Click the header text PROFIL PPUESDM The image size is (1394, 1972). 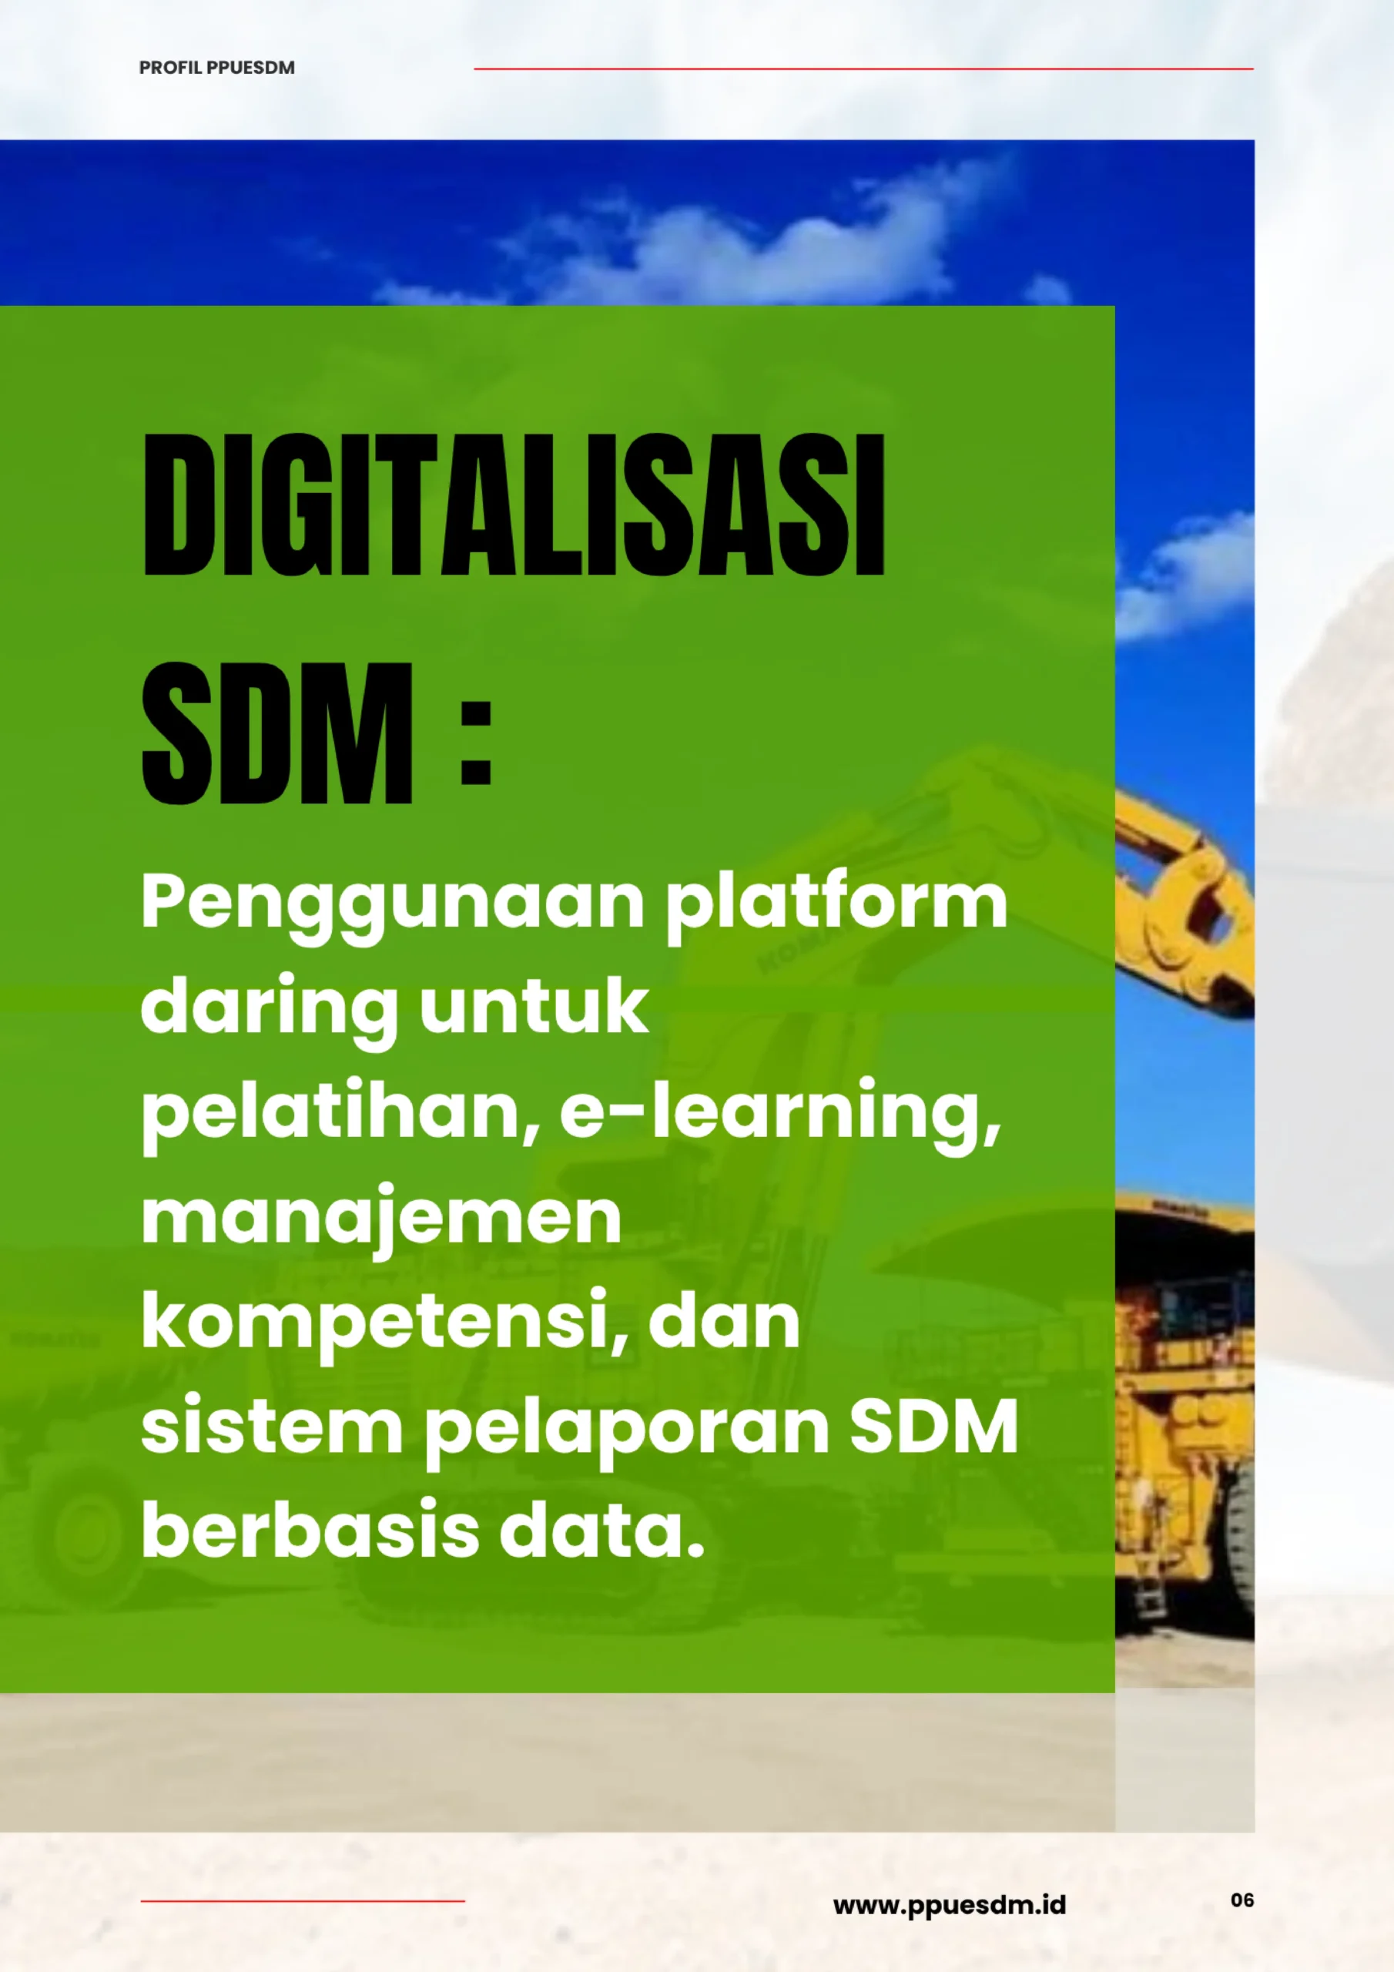click(x=216, y=68)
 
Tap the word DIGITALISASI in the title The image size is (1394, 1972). click(x=514, y=505)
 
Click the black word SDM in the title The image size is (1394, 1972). click(x=277, y=733)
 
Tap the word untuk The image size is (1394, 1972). click(x=534, y=1005)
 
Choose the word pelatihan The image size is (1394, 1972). click(x=341, y=1112)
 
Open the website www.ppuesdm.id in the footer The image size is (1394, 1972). click(x=949, y=1906)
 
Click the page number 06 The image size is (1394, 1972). click(x=1242, y=1900)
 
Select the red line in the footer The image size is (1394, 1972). click(x=303, y=1902)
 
